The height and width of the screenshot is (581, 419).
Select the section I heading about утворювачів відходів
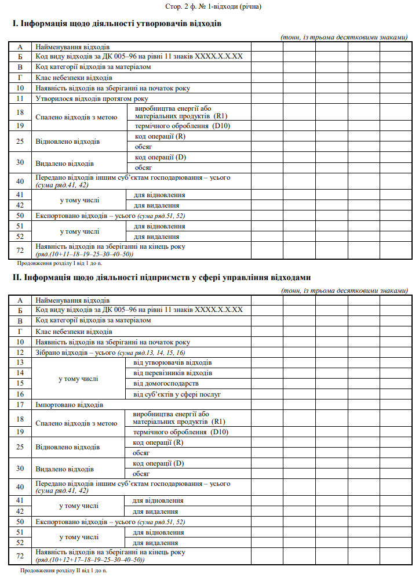(x=116, y=24)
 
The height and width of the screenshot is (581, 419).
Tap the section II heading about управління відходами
(x=162, y=278)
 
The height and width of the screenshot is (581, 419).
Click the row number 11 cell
(x=20, y=99)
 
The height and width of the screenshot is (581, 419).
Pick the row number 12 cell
(x=20, y=352)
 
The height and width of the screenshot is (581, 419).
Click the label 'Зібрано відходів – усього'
(x=76, y=352)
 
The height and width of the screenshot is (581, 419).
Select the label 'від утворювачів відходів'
(x=172, y=362)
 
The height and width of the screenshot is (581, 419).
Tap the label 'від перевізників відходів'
(x=173, y=373)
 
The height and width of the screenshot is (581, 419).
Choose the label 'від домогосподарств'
(x=166, y=383)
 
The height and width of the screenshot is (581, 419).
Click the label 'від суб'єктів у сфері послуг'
(x=177, y=394)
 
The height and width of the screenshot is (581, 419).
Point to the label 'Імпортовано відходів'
(x=69, y=404)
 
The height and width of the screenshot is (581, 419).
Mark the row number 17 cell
(x=20, y=404)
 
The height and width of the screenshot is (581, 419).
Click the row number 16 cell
(x=20, y=394)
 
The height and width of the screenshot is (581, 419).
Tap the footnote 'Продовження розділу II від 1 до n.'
(x=63, y=571)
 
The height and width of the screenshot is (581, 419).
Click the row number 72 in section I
(x=20, y=249)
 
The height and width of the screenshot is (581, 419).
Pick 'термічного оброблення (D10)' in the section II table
(x=180, y=432)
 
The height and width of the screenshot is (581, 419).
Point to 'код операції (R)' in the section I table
(x=159, y=136)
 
